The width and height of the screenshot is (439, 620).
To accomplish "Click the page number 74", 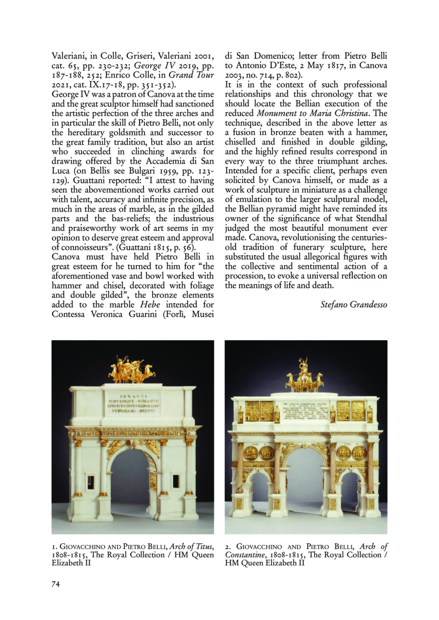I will coord(56,584).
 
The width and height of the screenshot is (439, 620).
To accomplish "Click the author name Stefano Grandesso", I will coord(354,305).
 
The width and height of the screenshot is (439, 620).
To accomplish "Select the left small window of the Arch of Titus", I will coord(90,482).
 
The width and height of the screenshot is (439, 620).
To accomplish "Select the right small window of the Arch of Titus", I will coord(175,482).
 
